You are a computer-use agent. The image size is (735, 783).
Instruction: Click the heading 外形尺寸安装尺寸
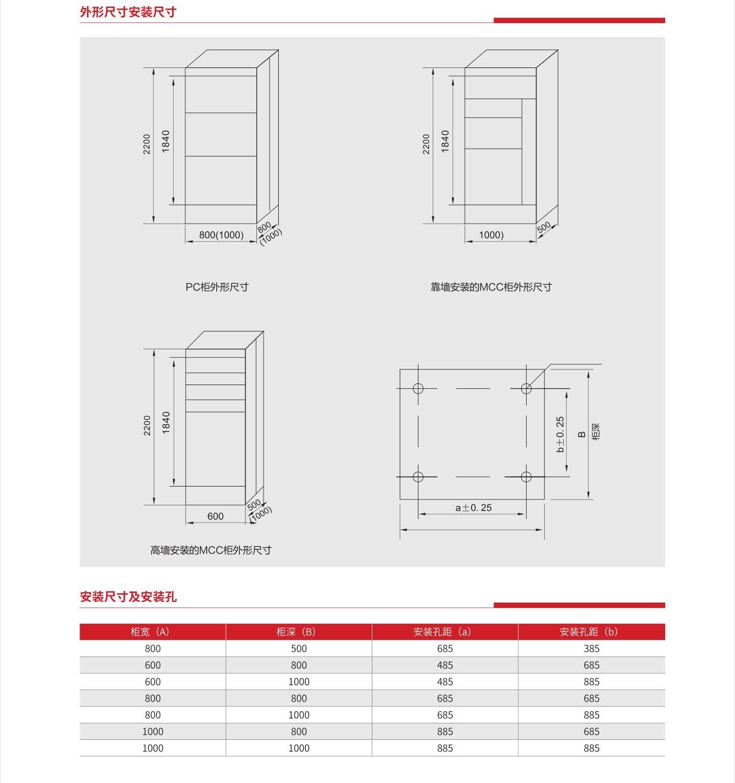point(128,12)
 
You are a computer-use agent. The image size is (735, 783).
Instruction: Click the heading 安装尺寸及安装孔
point(128,597)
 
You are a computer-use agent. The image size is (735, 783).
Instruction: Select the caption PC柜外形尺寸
point(217,287)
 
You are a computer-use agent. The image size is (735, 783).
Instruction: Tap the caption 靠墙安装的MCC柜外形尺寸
point(491,287)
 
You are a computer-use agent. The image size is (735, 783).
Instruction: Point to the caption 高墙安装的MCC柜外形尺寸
point(211,550)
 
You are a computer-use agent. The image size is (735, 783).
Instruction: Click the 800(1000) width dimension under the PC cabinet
point(221,235)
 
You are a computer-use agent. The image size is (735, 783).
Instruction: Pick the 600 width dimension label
point(215,516)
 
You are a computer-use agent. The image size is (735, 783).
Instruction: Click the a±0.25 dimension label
point(473,507)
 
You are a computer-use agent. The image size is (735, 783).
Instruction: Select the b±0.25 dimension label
point(560,434)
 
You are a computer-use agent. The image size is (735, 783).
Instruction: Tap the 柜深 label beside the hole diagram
point(596,432)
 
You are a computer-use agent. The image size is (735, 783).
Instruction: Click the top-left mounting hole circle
point(418,388)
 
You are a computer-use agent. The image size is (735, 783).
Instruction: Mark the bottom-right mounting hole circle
point(526,477)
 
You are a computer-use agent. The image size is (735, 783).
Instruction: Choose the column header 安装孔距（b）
point(591,631)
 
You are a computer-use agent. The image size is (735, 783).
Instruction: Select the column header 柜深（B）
point(298,631)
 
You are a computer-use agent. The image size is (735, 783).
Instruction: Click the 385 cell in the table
point(591,648)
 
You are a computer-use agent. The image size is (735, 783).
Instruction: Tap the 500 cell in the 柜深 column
point(299,648)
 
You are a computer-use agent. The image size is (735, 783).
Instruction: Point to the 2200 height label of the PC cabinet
point(147,144)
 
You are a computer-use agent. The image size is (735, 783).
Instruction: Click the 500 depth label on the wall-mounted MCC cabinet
point(544,227)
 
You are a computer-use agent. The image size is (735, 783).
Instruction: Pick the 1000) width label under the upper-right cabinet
point(491,235)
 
